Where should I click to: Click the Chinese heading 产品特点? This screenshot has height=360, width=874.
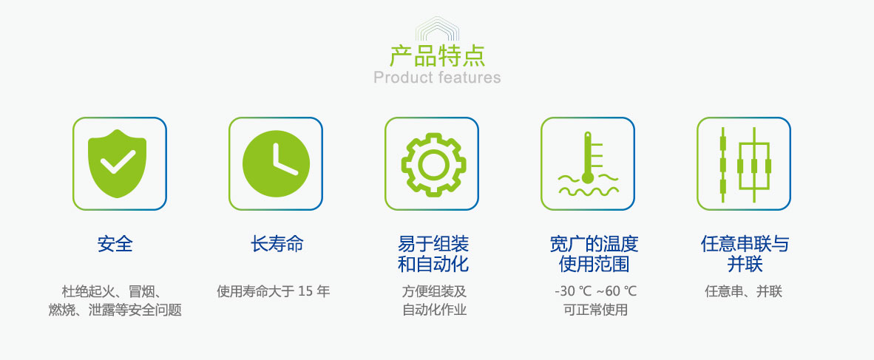coord(437,56)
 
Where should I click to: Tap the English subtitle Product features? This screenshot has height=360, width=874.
coord(437,77)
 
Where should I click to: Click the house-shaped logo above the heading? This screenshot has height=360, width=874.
coord(437,28)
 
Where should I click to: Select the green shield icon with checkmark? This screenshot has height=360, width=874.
coord(117,163)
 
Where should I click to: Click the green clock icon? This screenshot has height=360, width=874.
coord(276,163)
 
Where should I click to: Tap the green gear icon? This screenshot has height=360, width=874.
coord(433,164)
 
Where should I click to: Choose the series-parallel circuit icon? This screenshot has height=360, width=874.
coord(745,164)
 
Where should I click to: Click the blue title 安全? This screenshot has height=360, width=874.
coord(115,244)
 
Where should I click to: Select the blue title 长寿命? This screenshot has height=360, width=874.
coord(277,243)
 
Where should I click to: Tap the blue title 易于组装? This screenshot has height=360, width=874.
coord(433,243)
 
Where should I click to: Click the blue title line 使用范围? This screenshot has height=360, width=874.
coord(594,264)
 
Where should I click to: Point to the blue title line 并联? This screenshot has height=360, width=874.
coord(745,264)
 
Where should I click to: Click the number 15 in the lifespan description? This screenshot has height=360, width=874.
coord(305,291)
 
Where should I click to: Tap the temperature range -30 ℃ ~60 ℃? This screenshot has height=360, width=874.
coord(595,291)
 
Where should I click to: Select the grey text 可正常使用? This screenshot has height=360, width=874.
coord(595,310)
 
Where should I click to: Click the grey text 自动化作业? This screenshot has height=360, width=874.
coord(434,310)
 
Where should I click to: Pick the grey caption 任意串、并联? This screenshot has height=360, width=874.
coord(744,291)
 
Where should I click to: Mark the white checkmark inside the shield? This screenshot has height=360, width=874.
coord(118,162)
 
